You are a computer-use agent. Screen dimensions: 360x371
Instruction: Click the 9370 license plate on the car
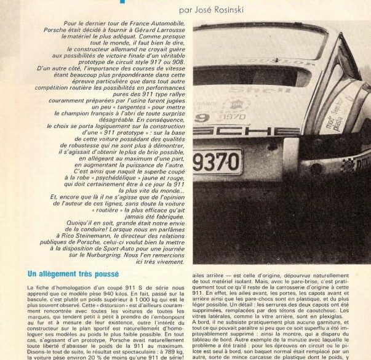[x=216, y=162]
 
